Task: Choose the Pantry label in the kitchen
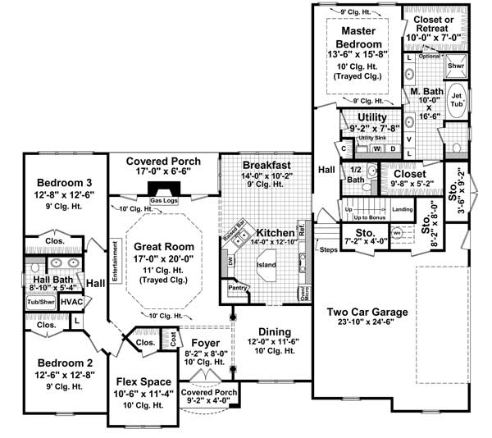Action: point(239,288)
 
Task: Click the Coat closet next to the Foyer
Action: point(172,339)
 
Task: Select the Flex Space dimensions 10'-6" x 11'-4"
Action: point(143,394)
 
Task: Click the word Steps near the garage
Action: point(329,249)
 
